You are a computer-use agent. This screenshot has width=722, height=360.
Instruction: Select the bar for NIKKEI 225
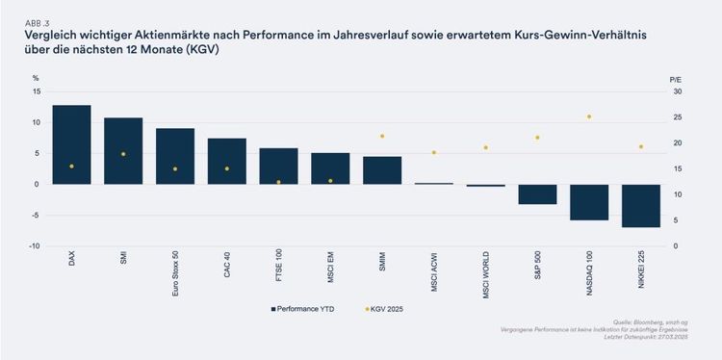641,205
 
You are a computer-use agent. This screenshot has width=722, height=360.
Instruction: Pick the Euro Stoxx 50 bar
175,156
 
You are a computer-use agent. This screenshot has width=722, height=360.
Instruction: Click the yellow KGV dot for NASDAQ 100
589,116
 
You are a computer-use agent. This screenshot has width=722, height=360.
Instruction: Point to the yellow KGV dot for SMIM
382,137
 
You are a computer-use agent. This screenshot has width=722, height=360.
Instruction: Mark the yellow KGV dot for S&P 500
537,138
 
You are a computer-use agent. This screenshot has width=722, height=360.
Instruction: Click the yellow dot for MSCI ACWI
434,152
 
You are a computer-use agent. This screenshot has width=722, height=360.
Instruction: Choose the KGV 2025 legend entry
386,308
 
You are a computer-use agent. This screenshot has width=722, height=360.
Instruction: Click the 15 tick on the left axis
36,91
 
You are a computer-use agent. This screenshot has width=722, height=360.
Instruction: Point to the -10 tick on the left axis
36,246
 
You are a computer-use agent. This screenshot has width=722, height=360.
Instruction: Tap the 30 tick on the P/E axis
678,91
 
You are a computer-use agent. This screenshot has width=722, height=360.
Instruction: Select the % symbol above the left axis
36,76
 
